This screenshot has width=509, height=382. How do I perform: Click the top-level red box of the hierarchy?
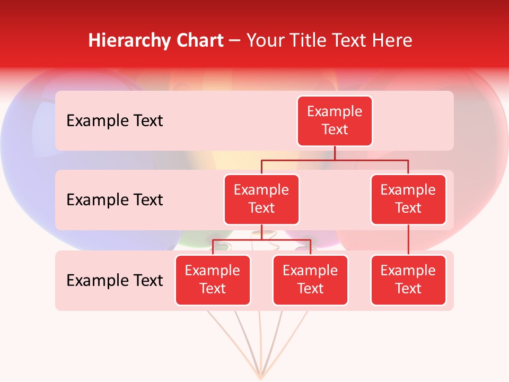(335, 121)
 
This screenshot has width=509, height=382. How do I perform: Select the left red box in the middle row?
(261, 199)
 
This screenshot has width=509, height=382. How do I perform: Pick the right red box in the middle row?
(408, 199)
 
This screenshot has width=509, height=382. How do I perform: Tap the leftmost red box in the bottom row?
(213, 280)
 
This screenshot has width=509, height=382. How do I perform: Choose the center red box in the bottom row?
(310, 280)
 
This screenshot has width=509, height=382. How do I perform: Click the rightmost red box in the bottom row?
(408, 280)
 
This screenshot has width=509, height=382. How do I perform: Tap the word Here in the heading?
(393, 40)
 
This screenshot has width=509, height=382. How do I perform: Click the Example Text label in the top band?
(115, 121)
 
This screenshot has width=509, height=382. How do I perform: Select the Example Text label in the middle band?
(115, 200)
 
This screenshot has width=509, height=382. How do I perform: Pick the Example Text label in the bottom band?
(115, 281)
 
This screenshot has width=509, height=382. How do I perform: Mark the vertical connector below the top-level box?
(335, 153)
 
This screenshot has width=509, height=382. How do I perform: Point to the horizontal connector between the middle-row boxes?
(335, 160)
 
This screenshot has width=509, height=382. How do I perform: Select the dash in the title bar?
(235, 41)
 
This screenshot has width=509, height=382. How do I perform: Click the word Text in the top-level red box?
(335, 129)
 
